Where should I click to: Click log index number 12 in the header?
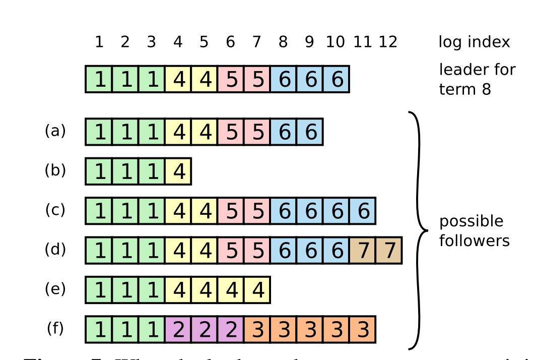point(388,42)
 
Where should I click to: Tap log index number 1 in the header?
point(99,42)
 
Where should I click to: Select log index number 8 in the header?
point(283,42)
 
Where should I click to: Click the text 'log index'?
point(474,42)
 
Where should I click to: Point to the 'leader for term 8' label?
point(477,79)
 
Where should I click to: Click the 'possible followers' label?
point(474,231)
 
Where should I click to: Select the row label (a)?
point(55,131)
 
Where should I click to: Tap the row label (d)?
point(55,249)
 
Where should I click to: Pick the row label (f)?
point(55,328)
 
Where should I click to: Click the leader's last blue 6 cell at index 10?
point(336,79)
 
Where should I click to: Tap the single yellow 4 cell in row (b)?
point(178,171)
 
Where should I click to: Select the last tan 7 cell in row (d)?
point(388,251)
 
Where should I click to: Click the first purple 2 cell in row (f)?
point(178,329)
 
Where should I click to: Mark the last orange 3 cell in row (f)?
point(362,329)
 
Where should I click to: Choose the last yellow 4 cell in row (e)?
point(257,290)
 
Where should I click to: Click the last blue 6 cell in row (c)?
point(362,211)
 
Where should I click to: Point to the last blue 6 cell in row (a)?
point(310,132)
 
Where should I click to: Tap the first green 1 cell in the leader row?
point(99,79)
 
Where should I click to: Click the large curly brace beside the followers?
point(418,230)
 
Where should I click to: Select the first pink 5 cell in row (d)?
point(231,251)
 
